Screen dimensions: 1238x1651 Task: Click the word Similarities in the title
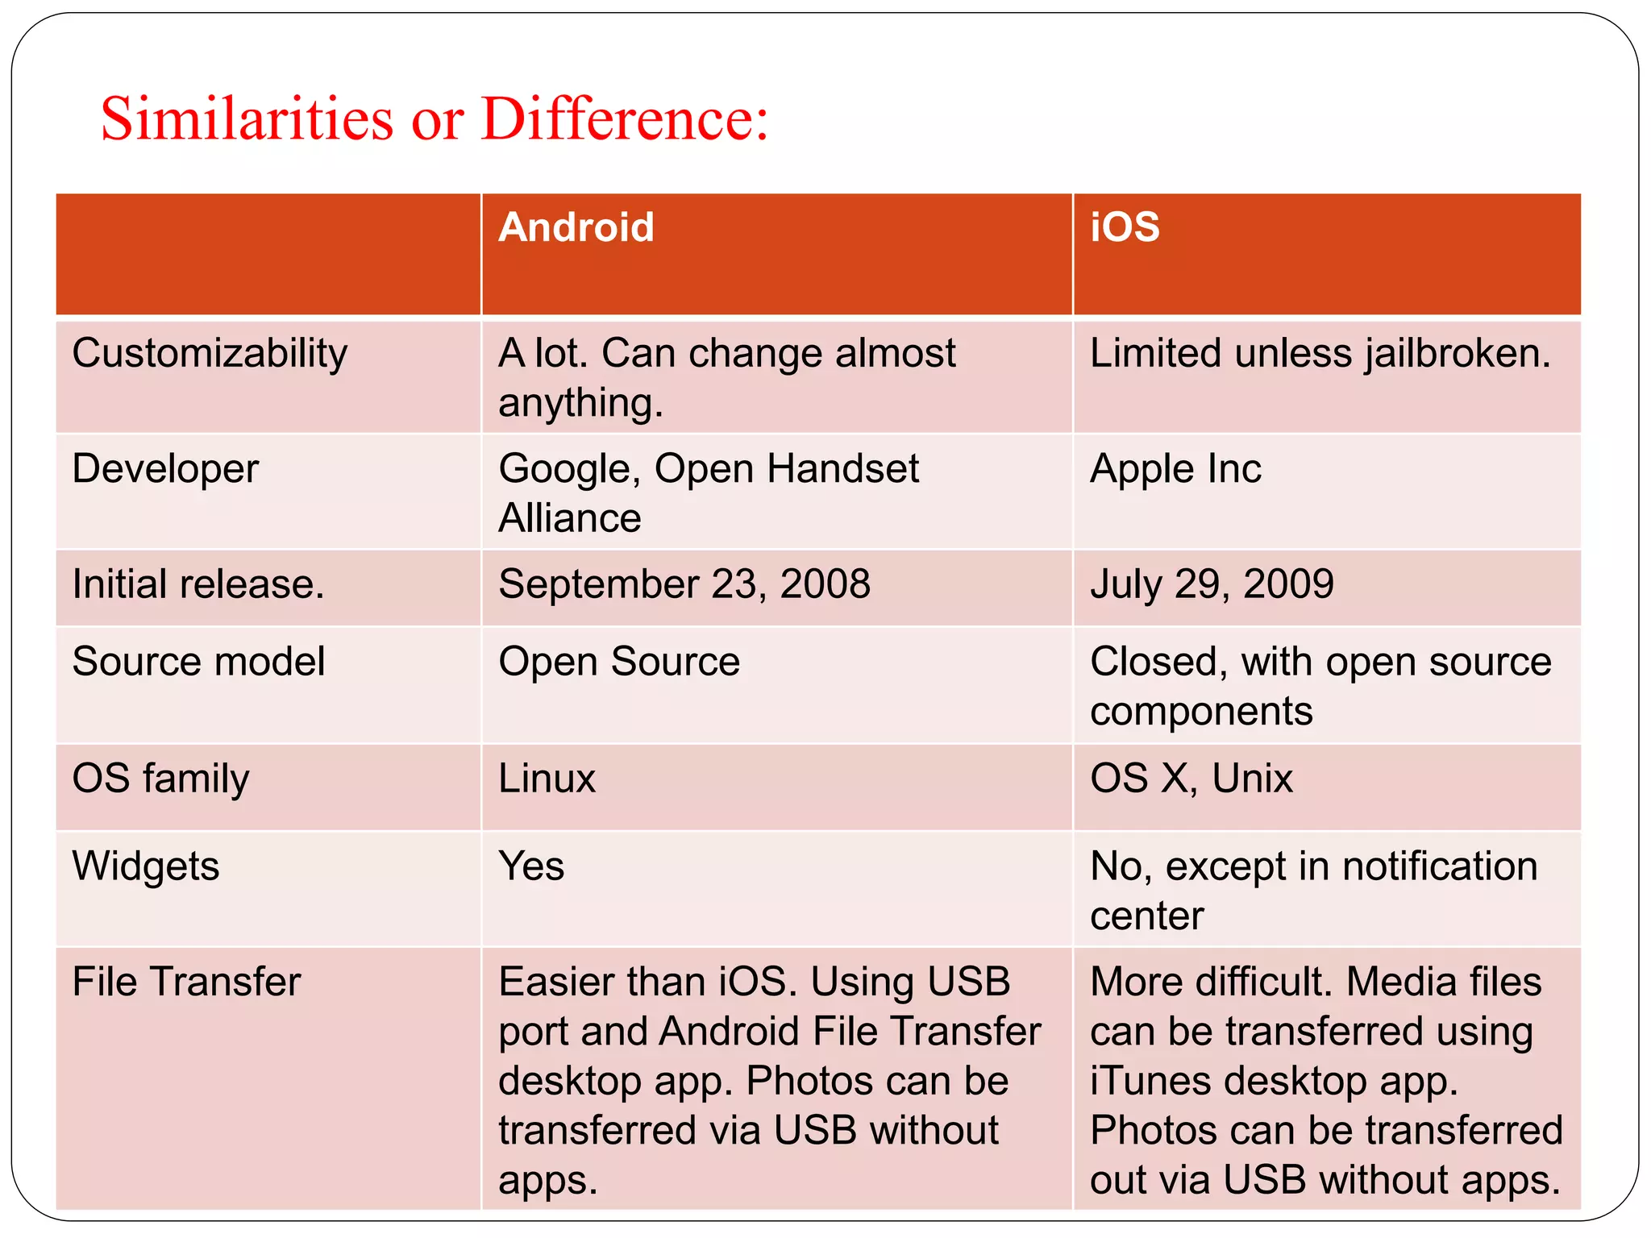tap(247, 119)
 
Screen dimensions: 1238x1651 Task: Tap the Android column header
tap(576, 227)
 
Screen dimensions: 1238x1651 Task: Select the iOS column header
tap(1125, 227)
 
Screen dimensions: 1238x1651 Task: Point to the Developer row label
tap(165, 469)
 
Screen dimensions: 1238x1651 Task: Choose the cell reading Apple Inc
tap(1175, 469)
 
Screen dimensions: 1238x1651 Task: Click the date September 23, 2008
tap(684, 584)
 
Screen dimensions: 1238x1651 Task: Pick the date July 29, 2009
tap(1212, 584)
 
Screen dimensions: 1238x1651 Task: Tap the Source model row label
tap(198, 662)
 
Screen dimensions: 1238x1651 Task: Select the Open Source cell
tap(619, 662)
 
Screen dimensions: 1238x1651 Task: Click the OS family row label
tap(160, 779)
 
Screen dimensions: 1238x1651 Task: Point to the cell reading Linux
tap(547, 779)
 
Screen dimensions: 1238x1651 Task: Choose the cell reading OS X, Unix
tap(1191, 779)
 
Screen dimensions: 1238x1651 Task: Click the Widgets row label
tap(146, 866)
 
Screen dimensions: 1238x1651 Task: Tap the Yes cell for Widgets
tap(531, 866)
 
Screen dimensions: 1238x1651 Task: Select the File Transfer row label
tap(186, 983)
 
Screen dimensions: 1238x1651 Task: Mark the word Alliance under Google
tap(570, 518)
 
